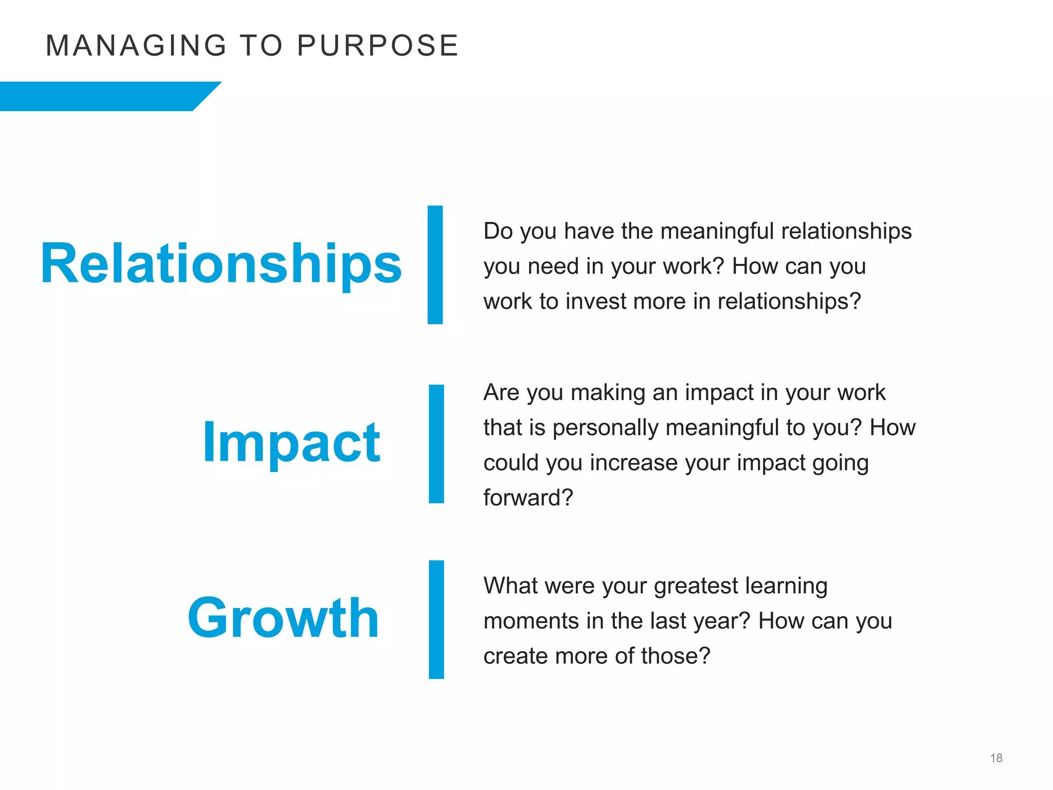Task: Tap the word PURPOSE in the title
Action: pyautogui.click(x=377, y=45)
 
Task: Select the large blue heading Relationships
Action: pyautogui.click(x=221, y=264)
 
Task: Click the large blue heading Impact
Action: pyautogui.click(x=291, y=442)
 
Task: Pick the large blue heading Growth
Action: pyautogui.click(x=283, y=618)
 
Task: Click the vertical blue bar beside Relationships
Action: pyautogui.click(x=435, y=265)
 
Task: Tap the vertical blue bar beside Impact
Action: pyautogui.click(x=436, y=444)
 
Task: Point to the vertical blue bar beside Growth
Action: pyautogui.click(x=436, y=620)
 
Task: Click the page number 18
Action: pyautogui.click(x=996, y=758)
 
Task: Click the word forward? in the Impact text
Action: pyautogui.click(x=528, y=498)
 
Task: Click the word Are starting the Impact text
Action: pyautogui.click(x=501, y=393)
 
